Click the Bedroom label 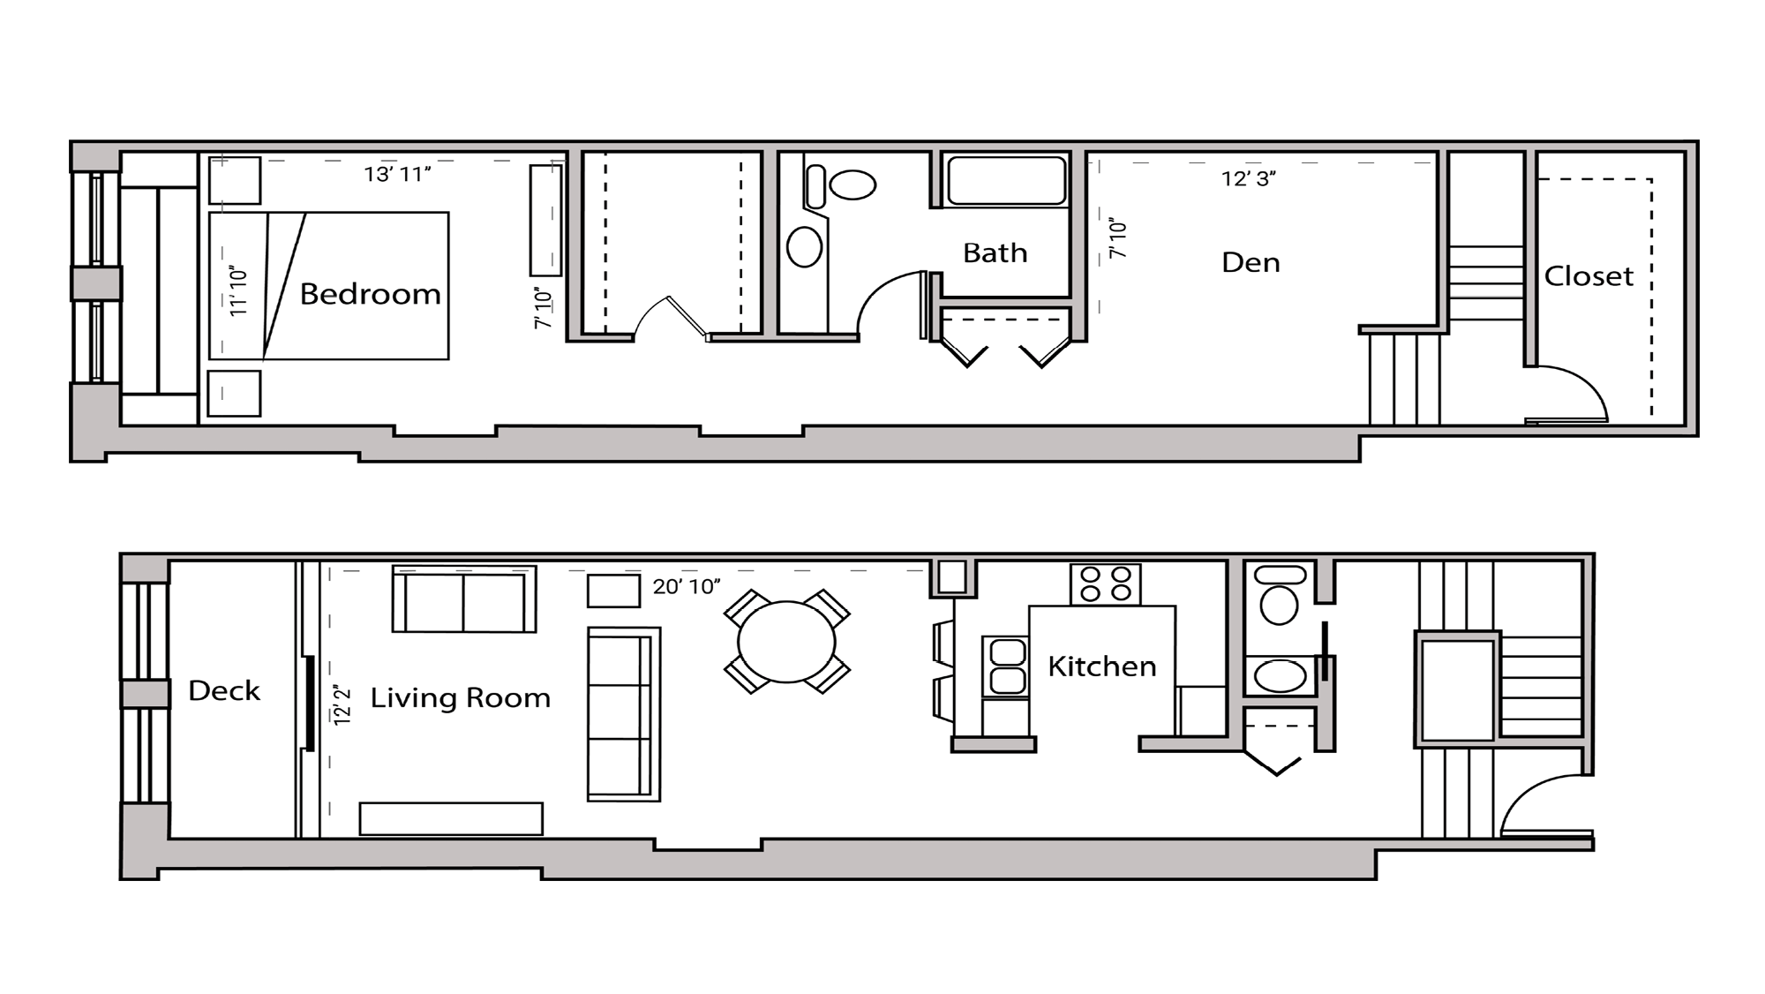tap(370, 293)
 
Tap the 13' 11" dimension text tap(397, 174)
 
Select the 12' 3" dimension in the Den tap(1249, 178)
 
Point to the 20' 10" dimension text tap(687, 586)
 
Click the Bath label tap(995, 252)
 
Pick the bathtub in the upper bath tap(1005, 181)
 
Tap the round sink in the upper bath tap(804, 246)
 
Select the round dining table tap(786, 642)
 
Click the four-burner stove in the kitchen tap(1106, 584)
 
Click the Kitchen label tap(1101, 666)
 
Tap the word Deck tap(224, 690)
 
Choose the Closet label tap(1588, 276)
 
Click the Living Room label tap(460, 697)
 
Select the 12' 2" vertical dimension tap(342, 704)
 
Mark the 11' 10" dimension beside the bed tap(238, 291)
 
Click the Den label tap(1251, 262)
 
